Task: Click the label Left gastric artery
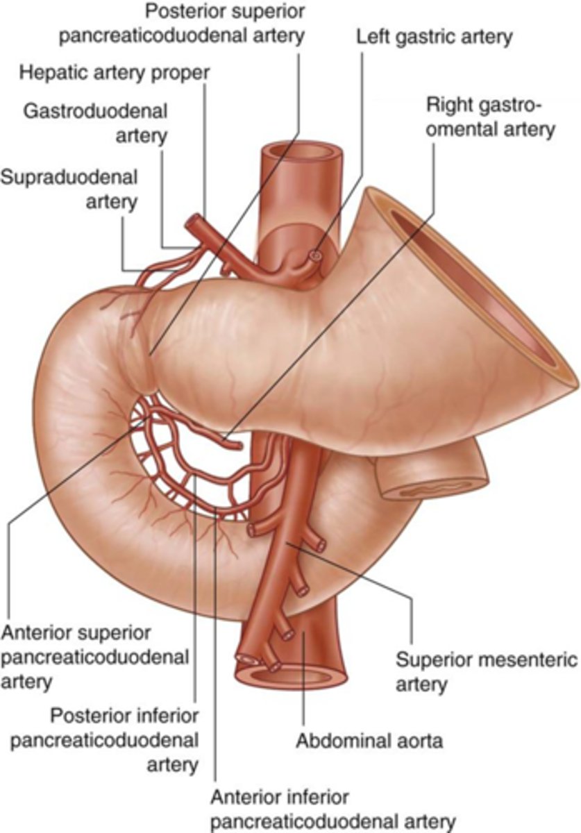435,36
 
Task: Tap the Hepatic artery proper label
115,72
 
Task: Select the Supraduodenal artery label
69,189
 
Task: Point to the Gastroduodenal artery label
94,122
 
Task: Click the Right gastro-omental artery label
490,117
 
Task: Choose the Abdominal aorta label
369,740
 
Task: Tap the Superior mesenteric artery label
486,671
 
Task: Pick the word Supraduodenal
69,177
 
